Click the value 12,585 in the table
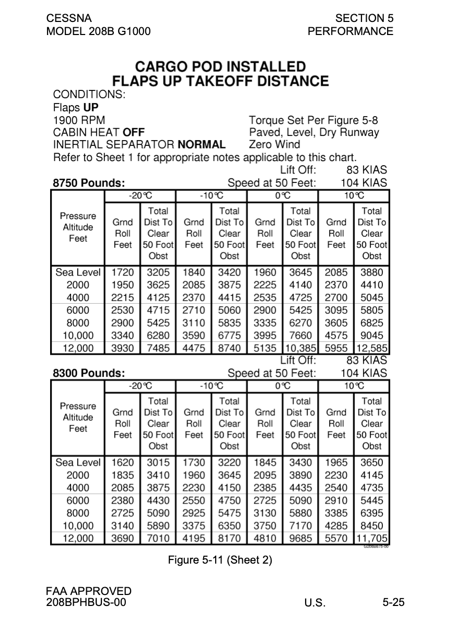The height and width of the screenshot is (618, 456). click(371, 348)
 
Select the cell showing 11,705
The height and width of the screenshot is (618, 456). click(371, 539)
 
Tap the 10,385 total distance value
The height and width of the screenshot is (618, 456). click(300, 348)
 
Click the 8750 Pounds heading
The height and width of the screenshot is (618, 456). click(89, 183)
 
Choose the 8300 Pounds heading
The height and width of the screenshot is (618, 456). click(89, 373)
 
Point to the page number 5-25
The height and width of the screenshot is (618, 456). click(393, 602)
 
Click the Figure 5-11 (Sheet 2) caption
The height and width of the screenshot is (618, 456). click(220, 560)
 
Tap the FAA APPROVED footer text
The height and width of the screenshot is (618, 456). click(89, 591)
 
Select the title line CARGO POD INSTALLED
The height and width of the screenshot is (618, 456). click(220, 67)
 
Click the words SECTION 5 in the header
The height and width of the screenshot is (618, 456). click(364, 18)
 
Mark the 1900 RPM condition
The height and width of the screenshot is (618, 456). click(79, 121)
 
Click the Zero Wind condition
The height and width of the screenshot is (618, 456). click(275, 144)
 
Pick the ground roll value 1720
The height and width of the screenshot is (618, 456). click(123, 272)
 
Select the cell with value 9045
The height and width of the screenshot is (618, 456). click(371, 336)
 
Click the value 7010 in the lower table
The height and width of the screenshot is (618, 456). click(158, 539)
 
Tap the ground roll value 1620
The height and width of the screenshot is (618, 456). click(123, 463)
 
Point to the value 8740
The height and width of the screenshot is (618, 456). click(229, 348)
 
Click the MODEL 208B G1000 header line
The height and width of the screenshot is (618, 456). click(98, 31)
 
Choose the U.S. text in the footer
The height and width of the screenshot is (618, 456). click(315, 603)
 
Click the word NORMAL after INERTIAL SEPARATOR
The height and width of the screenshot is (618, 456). click(202, 144)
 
